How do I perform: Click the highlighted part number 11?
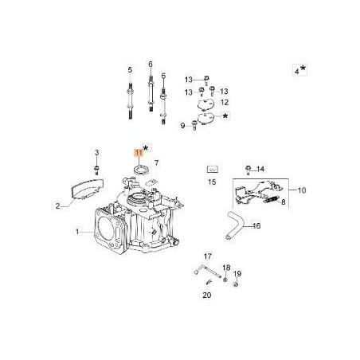tap(138, 151)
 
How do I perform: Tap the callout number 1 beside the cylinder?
tap(77, 232)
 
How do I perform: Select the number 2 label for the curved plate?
tap(57, 205)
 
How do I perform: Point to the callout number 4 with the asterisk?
tap(298, 71)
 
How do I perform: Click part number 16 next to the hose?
tap(256, 226)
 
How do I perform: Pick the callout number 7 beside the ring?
tap(156, 162)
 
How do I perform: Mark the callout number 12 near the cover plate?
tap(225, 103)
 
